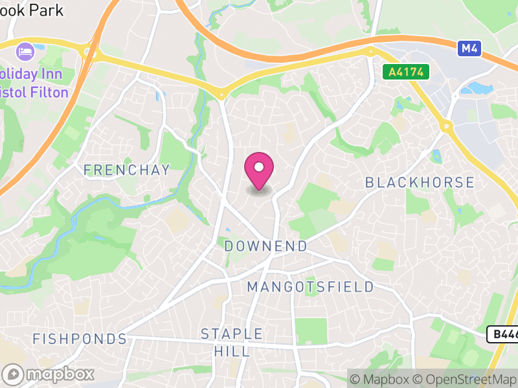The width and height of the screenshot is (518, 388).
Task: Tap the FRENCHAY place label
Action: pyautogui.click(x=126, y=170)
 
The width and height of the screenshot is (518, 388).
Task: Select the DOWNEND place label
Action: pyautogui.click(x=265, y=246)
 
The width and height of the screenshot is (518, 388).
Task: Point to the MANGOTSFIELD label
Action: pyautogui.click(x=311, y=286)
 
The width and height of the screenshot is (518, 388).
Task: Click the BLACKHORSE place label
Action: pyautogui.click(x=420, y=182)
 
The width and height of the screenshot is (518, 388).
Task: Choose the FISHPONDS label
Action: pyautogui.click(x=80, y=339)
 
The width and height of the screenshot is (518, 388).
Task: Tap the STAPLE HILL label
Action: pyautogui.click(x=232, y=343)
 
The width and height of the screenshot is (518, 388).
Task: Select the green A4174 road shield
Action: pyautogui.click(x=406, y=72)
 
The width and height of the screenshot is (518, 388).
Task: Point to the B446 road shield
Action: pyautogui.click(x=502, y=334)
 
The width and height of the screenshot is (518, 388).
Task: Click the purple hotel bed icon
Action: pyautogui.click(x=25, y=50)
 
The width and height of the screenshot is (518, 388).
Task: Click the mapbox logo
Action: pyautogui.click(x=49, y=374)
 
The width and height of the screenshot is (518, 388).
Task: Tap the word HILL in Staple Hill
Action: pyautogui.click(x=231, y=351)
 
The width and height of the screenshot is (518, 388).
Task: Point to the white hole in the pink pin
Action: pyautogui.click(x=259, y=167)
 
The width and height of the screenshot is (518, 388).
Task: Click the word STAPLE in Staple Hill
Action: pyautogui.click(x=232, y=334)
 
